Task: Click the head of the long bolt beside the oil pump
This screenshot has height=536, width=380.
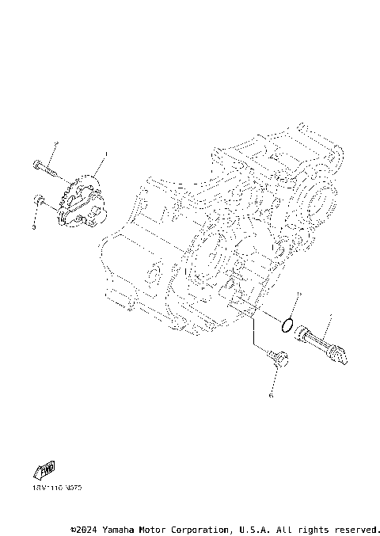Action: coord(37,165)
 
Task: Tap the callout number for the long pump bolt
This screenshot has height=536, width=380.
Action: coord(56,143)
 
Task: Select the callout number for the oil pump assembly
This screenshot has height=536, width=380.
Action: coord(106,154)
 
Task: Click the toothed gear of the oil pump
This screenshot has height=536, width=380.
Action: coord(70,192)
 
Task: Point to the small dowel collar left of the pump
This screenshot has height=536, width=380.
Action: coord(38,199)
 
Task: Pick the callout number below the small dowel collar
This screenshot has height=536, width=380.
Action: coord(34,226)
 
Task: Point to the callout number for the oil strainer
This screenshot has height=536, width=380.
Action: coord(329,315)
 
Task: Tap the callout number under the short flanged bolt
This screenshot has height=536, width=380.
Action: coord(270,393)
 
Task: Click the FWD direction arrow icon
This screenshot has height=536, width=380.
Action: coord(46,471)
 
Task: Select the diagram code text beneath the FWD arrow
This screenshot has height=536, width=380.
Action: coord(57,488)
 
